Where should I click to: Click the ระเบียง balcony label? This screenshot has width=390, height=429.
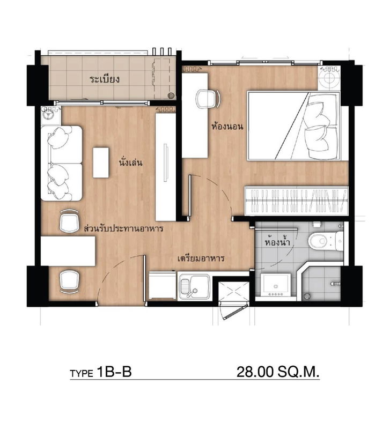[x=104, y=79]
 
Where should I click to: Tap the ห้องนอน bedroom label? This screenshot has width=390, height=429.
[x=228, y=127]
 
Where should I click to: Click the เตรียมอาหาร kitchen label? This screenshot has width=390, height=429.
[x=201, y=258]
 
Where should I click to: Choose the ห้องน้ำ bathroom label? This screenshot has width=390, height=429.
[x=278, y=242]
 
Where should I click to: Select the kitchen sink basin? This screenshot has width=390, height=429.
[x=189, y=285]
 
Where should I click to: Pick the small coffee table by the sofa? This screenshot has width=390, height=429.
[x=101, y=162]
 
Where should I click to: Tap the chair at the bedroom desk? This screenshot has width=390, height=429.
[x=208, y=98]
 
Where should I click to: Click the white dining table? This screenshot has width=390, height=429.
[x=68, y=251]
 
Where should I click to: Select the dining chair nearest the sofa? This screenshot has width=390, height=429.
[x=69, y=221]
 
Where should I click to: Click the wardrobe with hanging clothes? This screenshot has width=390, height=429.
[x=296, y=201]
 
